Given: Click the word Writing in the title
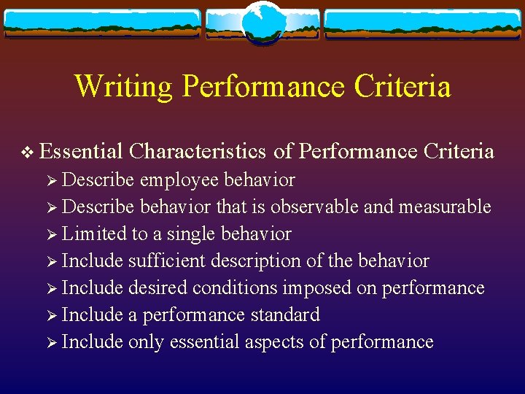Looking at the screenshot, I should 124,86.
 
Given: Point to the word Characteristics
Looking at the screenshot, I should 198,151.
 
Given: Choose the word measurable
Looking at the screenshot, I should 444,207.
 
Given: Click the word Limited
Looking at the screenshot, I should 88,234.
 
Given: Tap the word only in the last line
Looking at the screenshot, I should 146,342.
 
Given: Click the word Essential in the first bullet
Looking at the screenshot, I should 80,151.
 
